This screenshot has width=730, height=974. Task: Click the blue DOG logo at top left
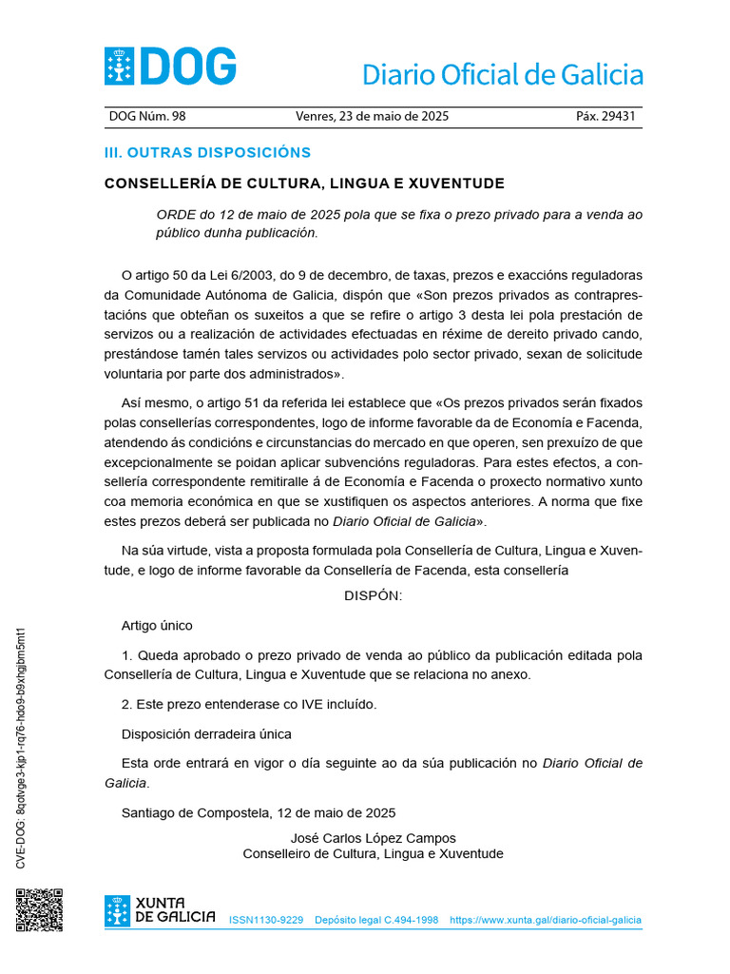(170, 68)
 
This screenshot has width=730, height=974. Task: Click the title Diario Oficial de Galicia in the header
(503, 74)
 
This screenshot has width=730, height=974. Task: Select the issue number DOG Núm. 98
(147, 116)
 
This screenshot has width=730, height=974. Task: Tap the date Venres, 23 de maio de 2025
(373, 116)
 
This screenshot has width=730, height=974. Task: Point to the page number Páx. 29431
(605, 116)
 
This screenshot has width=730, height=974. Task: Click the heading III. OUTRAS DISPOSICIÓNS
(207, 152)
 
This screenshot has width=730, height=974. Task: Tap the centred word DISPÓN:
(373, 595)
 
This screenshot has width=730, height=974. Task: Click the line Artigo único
(157, 625)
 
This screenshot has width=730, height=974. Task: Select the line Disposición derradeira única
(206, 733)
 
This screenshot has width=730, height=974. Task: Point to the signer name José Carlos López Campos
(373, 838)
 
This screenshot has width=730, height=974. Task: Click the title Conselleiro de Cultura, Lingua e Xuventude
(373, 854)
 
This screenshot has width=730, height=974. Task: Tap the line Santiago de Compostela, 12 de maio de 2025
(258, 812)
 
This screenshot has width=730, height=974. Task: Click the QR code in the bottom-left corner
(39, 910)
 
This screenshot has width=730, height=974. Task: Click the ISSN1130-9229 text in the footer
(266, 921)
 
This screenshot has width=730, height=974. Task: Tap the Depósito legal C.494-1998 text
(376, 921)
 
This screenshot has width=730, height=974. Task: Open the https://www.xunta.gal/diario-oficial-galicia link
(545, 921)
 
